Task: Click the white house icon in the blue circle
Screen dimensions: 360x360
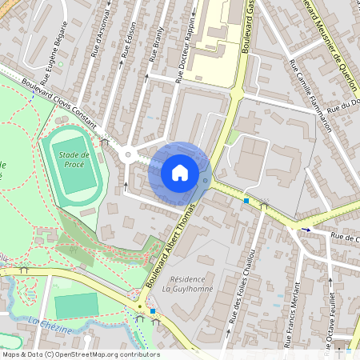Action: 180,173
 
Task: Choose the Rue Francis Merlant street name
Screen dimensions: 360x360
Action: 295,308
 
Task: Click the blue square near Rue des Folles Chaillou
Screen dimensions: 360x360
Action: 247,201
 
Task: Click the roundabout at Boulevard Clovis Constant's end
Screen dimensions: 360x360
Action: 127,154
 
